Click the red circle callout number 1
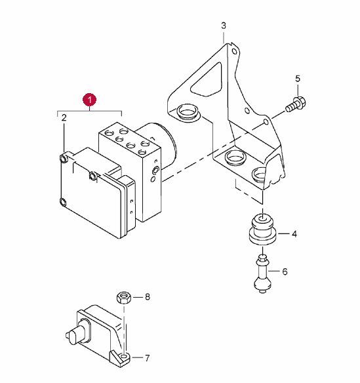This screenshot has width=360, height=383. pyautogui.click(x=90, y=100)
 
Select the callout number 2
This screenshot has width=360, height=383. pyautogui.click(x=64, y=118)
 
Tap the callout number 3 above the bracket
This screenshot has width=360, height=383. pyautogui.click(x=224, y=26)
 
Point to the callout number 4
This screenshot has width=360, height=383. pyautogui.click(x=294, y=234)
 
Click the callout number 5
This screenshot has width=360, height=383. pyautogui.click(x=298, y=79)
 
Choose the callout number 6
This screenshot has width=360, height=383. pyautogui.click(x=285, y=272)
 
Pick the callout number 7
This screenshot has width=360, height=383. pyautogui.click(x=147, y=358)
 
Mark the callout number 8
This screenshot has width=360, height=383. pyautogui.click(x=148, y=297)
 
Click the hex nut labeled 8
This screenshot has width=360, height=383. pyautogui.click(x=124, y=297)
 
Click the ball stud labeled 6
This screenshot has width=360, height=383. pyautogui.click(x=262, y=274)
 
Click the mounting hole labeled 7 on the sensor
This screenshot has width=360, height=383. pyautogui.click(x=125, y=356)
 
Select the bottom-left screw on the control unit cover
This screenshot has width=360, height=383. pyautogui.click(x=63, y=202)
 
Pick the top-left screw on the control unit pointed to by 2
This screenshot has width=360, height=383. pyautogui.click(x=64, y=159)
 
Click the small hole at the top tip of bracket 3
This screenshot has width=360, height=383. pyautogui.click(x=234, y=52)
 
